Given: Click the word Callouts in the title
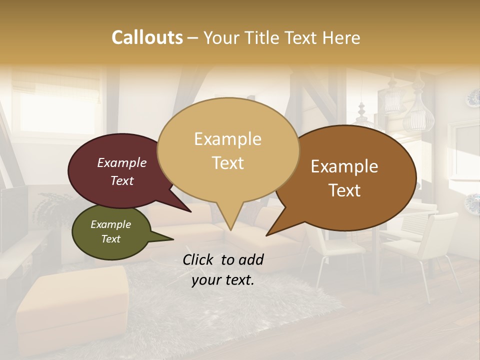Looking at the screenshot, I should pyautogui.click(x=147, y=37).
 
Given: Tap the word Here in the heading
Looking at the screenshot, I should pyautogui.click(x=340, y=38).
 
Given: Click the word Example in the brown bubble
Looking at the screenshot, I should pyautogui.click(x=344, y=166).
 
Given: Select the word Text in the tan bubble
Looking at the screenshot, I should pyautogui.click(x=228, y=163).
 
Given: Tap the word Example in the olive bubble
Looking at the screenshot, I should pyautogui.click(x=110, y=224).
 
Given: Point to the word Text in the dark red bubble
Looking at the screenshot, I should pyautogui.click(x=122, y=181).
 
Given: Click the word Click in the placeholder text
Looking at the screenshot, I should pyautogui.click(x=199, y=259).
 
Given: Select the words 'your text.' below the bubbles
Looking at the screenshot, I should pyautogui.click(x=223, y=280).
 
